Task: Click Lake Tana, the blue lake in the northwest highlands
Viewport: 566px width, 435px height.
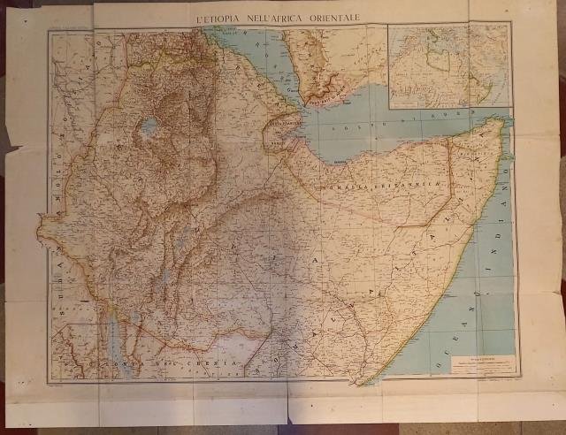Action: [149, 125]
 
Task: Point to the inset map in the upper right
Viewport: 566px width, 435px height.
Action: [450, 66]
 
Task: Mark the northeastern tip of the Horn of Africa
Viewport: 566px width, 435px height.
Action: [504, 122]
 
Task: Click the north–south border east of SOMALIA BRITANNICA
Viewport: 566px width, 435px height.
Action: [449, 177]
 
